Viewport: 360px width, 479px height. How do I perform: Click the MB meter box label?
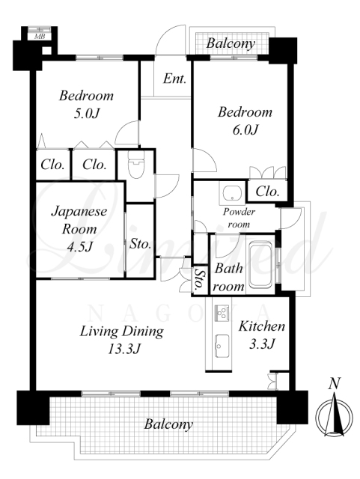click(40, 37)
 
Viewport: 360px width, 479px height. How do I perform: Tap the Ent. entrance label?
click(174, 79)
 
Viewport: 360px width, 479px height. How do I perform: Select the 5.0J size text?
click(87, 114)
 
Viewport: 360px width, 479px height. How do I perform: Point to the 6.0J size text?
click(245, 130)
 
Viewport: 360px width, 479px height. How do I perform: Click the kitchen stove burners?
click(222, 313)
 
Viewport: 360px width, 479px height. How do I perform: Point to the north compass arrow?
click(335, 415)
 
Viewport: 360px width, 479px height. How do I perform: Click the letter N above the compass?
click(335, 383)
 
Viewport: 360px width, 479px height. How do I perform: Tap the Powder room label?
click(239, 218)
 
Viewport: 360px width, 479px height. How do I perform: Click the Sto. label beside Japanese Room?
click(141, 244)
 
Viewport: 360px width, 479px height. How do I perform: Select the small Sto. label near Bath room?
click(199, 279)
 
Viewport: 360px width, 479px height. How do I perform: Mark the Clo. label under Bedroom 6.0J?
click(267, 192)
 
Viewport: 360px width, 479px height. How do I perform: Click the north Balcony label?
click(231, 43)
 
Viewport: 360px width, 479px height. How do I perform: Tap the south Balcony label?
click(168, 424)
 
